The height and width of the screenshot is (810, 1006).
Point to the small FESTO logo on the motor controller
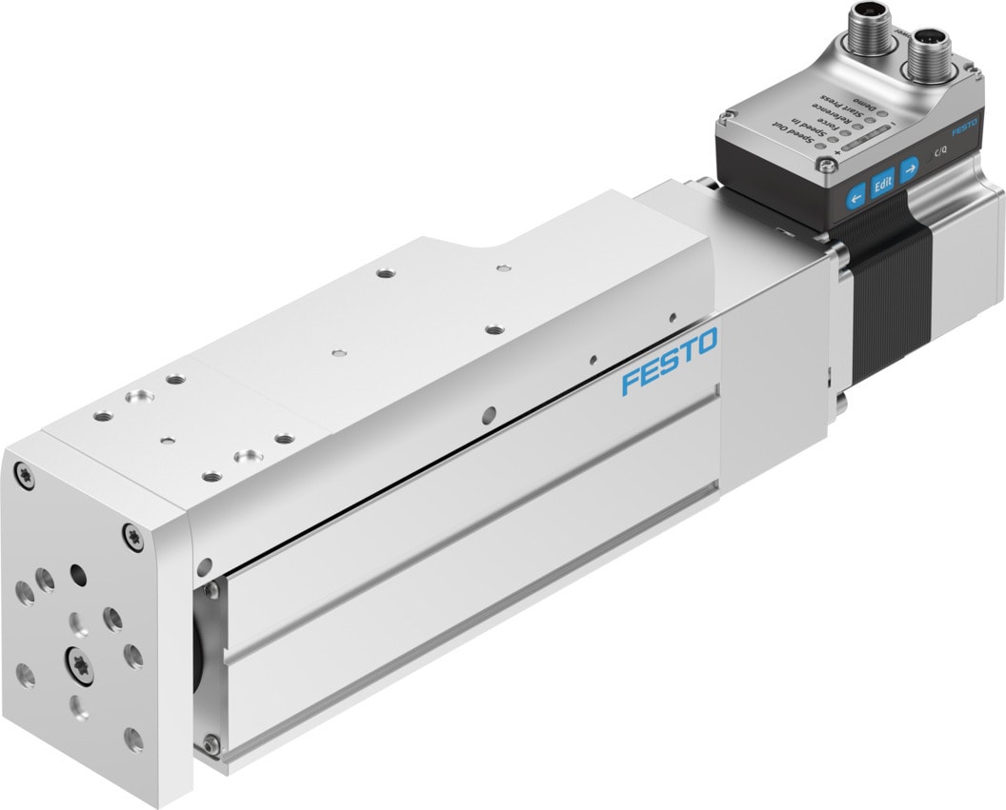coord(964,124)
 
